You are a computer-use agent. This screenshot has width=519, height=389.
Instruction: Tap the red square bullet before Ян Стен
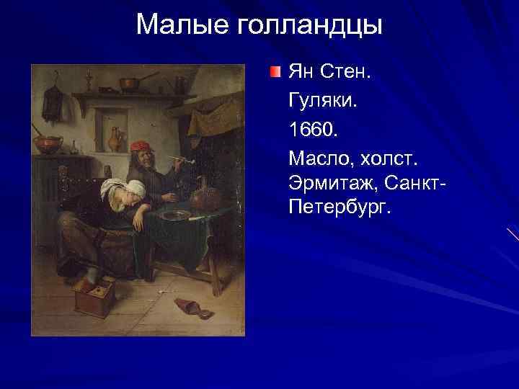coord(275,72)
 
